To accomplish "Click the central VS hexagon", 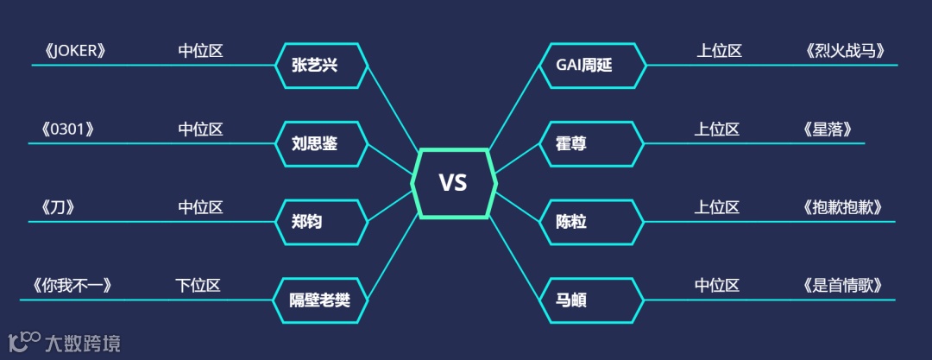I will pos(453,183).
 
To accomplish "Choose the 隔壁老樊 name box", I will pos(321,301).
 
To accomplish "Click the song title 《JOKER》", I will pos(74,51).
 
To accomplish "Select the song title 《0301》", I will pos(66,129).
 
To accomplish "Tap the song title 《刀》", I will pos(58,208).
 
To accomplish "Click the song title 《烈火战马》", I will pos(844,51).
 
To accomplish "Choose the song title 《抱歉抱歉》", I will pos(842,208).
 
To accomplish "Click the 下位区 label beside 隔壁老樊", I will pos(198,286).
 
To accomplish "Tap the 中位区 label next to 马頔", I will pos(717,286).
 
